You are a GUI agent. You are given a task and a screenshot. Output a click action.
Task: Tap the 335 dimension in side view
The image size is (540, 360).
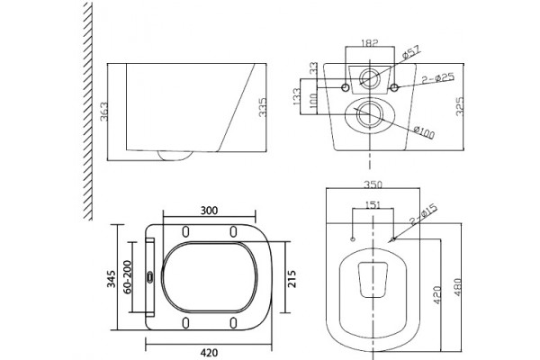(263, 107)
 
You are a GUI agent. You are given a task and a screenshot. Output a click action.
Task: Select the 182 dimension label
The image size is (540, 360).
(370, 42)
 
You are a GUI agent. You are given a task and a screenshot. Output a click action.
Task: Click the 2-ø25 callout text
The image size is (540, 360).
(438, 78)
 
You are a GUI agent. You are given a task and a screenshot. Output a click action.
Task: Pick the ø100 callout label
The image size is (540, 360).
(424, 132)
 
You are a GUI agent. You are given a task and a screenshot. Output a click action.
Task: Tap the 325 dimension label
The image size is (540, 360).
(460, 106)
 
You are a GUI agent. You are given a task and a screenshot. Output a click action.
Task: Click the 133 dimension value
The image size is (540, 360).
(296, 97)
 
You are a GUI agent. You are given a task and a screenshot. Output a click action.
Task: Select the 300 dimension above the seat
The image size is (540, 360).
(210, 210)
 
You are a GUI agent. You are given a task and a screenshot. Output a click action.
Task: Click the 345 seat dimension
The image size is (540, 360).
(112, 279)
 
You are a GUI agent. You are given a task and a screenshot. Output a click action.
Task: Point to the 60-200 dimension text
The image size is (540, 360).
(127, 277)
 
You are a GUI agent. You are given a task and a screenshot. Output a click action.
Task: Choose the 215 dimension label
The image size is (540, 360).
(292, 279)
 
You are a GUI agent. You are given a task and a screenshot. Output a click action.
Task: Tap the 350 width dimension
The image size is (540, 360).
(373, 184)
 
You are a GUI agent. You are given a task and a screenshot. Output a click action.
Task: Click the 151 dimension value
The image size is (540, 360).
(373, 205)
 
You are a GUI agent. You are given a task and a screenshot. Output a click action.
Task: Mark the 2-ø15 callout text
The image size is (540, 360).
(423, 214)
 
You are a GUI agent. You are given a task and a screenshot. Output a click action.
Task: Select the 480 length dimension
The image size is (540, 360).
(458, 287)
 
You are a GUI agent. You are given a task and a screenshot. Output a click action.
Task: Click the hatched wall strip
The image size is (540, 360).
(88, 111)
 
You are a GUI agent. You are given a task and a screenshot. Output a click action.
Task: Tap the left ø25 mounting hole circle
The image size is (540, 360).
(346, 87)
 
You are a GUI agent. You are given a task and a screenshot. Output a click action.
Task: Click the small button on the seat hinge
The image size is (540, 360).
(149, 276)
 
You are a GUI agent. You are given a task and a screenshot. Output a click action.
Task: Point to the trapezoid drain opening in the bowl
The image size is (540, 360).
(373, 279)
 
